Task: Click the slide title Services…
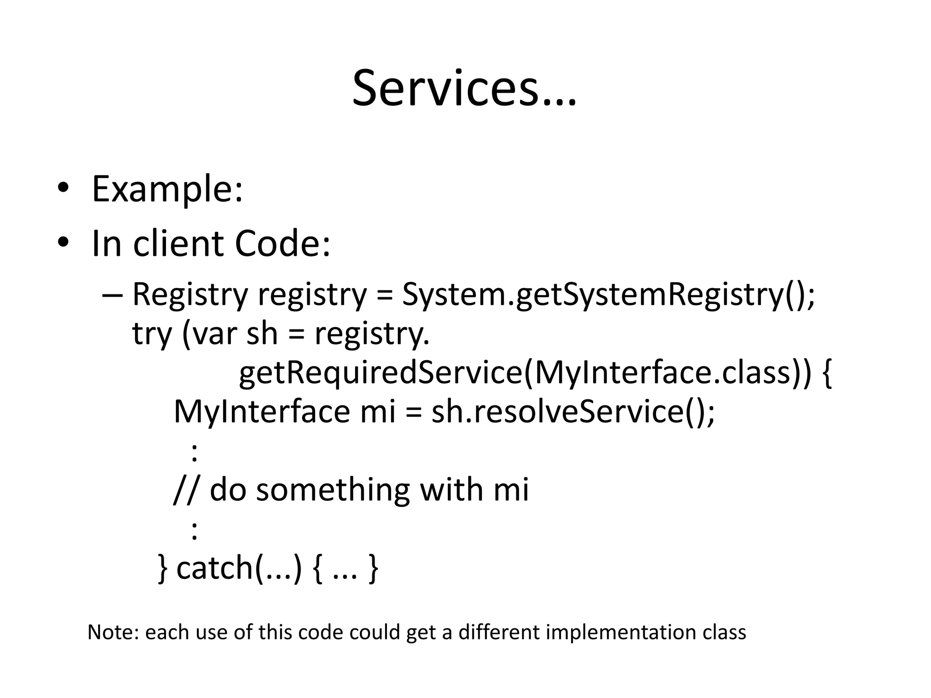pyautogui.click(x=464, y=89)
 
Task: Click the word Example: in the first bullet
pyautogui.click(x=167, y=189)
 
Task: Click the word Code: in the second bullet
pyautogui.click(x=282, y=243)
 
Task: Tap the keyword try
pyautogui.click(x=152, y=334)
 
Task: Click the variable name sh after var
pyautogui.click(x=262, y=333)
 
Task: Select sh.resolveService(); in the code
pyautogui.click(x=573, y=411)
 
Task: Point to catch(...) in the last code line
pyautogui.click(x=239, y=568)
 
